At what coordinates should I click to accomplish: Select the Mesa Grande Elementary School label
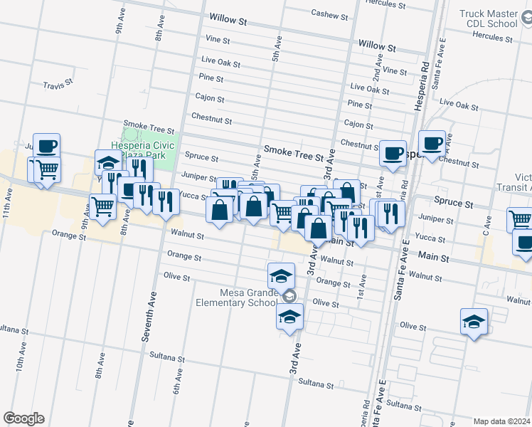[x=237, y=297]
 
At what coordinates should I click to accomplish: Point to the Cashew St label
[x=330, y=14]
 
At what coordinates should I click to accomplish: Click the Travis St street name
[x=58, y=84]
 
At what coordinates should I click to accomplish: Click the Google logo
[x=23, y=418]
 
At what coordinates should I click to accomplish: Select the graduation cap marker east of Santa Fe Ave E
[x=474, y=321]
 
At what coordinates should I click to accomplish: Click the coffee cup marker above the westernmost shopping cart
[x=46, y=146]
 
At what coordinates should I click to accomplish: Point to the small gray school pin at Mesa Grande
[x=289, y=296]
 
